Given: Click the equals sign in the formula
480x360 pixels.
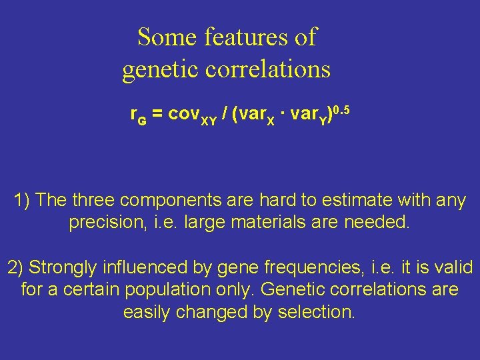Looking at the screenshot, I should click(157, 115).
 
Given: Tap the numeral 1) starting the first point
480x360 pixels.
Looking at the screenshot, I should click(22, 200).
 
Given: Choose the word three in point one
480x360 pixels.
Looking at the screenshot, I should click(94, 200).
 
